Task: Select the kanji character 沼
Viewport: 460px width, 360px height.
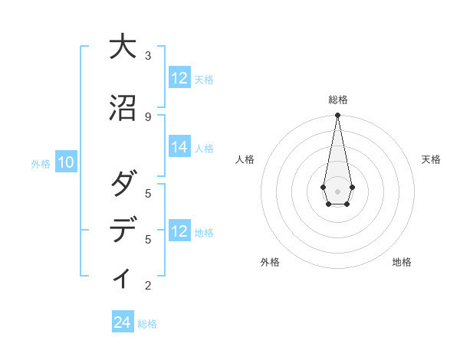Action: [123, 109]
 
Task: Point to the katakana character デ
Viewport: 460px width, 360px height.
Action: [123, 231]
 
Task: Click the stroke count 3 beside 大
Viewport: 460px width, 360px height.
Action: [148, 56]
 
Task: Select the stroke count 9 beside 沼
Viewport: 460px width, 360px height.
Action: [148, 116]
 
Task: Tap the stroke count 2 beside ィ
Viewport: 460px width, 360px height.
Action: [148, 286]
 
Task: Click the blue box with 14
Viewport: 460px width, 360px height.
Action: [179, 148]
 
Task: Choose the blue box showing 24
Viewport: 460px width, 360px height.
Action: [123, 323]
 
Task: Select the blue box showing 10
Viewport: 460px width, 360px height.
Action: [66, 162]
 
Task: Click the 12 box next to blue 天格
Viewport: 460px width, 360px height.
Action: [179, 78]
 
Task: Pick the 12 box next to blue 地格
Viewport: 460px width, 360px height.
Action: [179, 231]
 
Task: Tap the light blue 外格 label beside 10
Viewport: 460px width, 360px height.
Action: [41, 163]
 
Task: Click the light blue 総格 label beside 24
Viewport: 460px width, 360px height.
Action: [147, 324]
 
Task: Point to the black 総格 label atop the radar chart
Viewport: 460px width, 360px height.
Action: [337, 100]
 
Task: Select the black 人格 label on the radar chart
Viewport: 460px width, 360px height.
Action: [245, 159]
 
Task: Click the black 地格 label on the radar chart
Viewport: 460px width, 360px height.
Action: [402, 262]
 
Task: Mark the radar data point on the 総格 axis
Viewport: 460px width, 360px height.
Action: [337, 116]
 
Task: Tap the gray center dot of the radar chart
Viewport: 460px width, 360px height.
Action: [337, 191]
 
